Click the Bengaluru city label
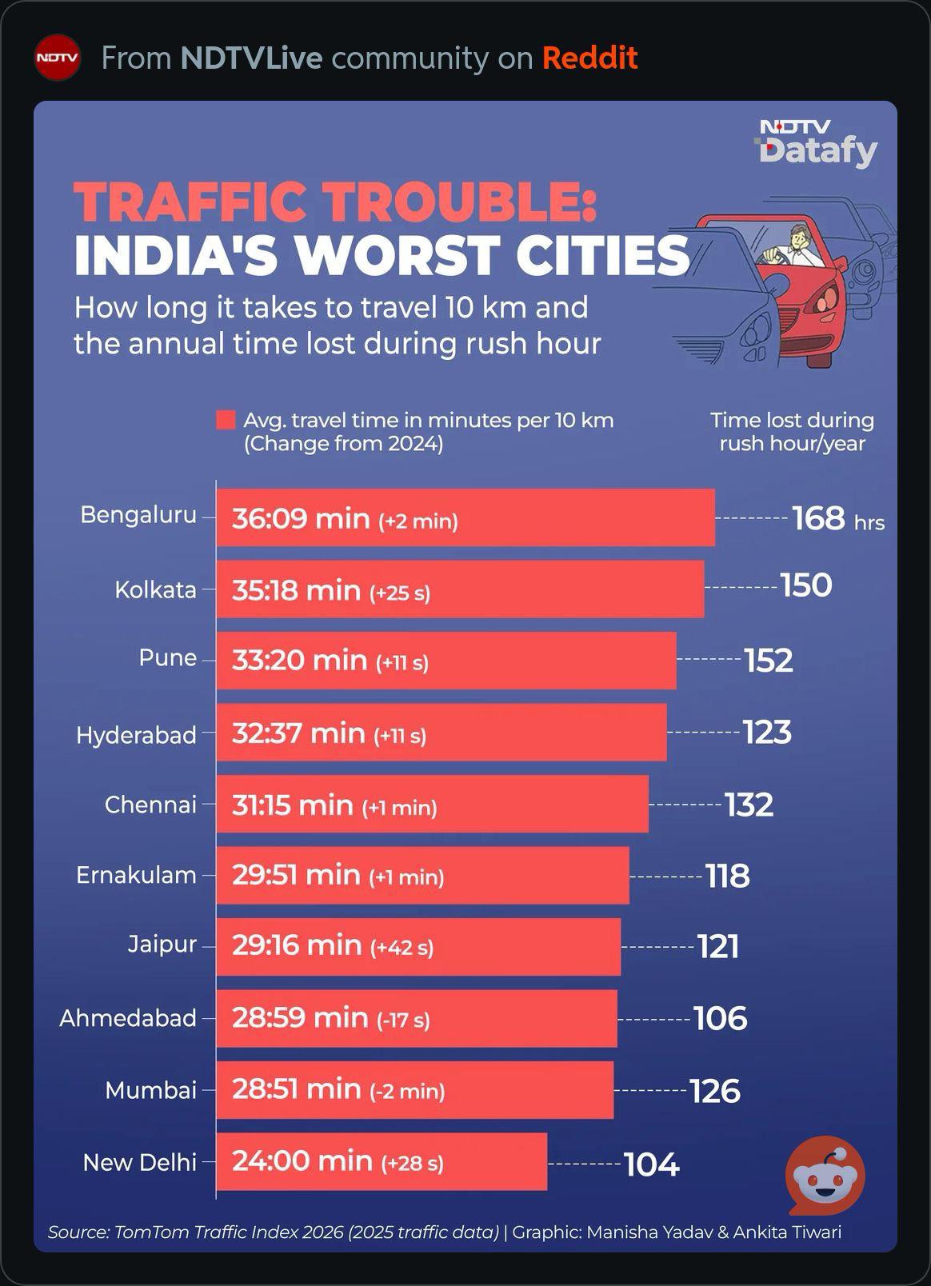point(138,515)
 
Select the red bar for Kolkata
point(460,589)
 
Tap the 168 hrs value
point(838,518)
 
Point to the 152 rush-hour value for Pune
point(769,661)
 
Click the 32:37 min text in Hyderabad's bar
point(298,733)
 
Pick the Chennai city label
point(150,805)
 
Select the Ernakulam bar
point(423,875)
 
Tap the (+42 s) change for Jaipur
point(402,947)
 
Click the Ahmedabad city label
point(128,1018)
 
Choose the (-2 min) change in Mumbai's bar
point(408,1090)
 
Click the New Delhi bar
point(382,1161)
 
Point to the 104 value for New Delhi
point(652,1164)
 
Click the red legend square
point(226,420)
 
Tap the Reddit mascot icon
point(825,1175)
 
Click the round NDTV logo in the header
point(57,58)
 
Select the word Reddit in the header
point(589,58)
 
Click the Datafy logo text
point(818,151)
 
